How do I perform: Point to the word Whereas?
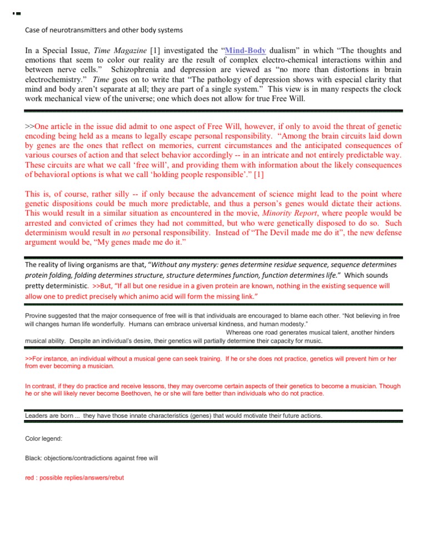241,332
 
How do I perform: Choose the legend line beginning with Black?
92,458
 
